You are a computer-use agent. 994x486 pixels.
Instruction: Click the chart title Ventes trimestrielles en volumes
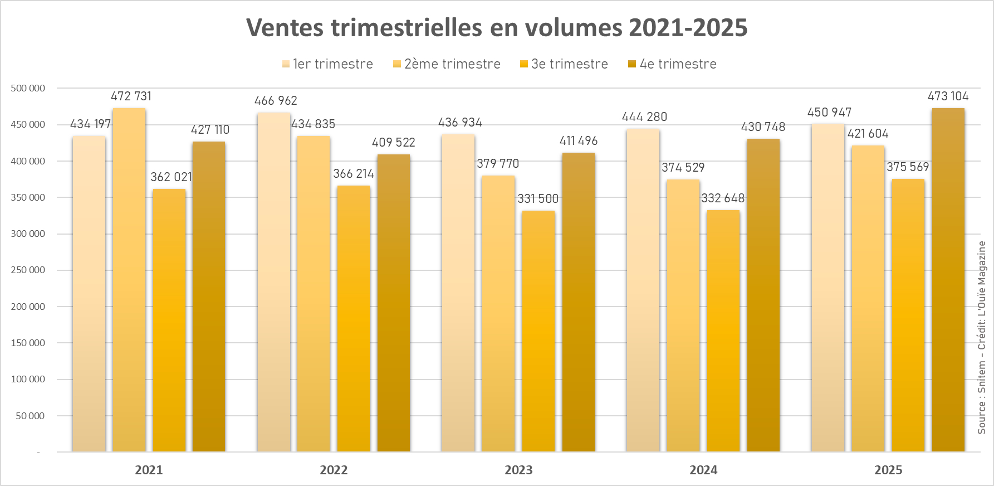[x=496, y=28]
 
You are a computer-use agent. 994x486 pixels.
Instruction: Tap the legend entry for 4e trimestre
[x=672, y=64]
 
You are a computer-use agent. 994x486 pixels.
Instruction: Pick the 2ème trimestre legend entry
[x=447, y=64]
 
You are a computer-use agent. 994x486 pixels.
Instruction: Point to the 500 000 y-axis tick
[x=28, y=88]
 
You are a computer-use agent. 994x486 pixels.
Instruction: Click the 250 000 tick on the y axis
[x=28, y=270]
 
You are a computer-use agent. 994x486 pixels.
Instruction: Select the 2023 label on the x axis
[x=518, y=470]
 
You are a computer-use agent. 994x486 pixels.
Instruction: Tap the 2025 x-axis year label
[x=888, y=470]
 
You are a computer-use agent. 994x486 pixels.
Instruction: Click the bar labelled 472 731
[x=129, y=279]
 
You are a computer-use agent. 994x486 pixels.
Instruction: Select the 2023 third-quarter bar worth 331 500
[x=538, y=331]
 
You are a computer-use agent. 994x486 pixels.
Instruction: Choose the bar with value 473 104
[x=948, y=279]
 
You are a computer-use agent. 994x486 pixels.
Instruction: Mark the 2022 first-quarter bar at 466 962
[x=274, y=281]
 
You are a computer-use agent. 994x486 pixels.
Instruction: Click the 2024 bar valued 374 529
[x=683, y=315]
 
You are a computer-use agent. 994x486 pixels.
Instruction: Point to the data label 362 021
[x=171, y=177]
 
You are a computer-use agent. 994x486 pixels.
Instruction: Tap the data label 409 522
[x=394, y=142]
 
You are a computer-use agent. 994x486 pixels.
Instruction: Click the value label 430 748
[x=763, y=127]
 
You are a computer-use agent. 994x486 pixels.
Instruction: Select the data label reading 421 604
[x=868, y=133]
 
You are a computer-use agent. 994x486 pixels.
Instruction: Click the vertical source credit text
[x=982, y=337]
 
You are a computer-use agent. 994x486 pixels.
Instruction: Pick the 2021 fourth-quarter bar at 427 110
[x=209, y=295]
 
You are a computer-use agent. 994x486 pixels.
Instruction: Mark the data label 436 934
[x=460, y=122]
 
